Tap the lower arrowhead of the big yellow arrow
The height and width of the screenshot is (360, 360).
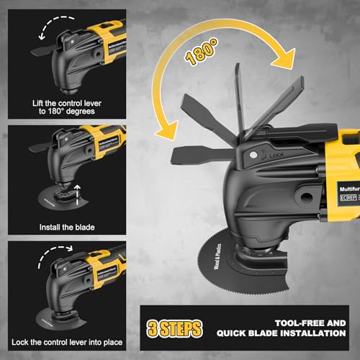tap(168, 130)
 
